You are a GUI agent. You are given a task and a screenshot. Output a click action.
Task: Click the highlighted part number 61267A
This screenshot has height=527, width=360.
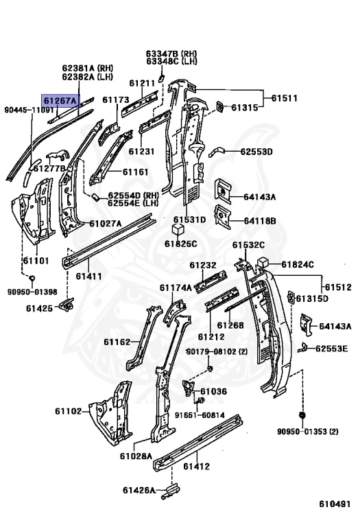coord(60,100)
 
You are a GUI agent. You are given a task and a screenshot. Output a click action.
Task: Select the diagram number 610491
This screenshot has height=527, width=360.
coord(335,504)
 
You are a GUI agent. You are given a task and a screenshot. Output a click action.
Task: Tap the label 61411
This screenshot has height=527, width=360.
coord(88,276)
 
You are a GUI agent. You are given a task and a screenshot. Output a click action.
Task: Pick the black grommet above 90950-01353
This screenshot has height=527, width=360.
coord(302,415)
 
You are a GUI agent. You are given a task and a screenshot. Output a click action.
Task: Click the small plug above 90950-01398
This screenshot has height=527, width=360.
coord(32,279)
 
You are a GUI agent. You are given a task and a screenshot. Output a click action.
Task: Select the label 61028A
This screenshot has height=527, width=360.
coord(136,456)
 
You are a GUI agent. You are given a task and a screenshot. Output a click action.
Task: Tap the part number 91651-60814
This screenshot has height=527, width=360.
coord(200,415)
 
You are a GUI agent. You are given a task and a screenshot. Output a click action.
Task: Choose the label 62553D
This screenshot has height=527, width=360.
coord(256,152)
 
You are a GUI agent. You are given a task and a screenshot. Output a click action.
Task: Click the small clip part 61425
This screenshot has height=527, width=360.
coord(67,304)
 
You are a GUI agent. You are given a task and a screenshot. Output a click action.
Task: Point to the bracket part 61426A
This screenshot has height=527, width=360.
coord(171,491)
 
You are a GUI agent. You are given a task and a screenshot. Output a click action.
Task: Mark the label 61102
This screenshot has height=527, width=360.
coord(68,411)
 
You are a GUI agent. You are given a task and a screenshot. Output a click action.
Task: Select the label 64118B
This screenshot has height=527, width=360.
coord(260,221)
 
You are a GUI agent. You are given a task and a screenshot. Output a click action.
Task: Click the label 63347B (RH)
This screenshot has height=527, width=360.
coord(171,54)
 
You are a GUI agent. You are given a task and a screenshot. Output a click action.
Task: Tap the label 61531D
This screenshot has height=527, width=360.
coord(189,220)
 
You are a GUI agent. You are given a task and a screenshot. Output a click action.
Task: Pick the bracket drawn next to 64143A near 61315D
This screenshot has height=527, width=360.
coord(307,325)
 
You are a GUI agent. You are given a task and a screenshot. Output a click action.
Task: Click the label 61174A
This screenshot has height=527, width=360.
coord(176,288)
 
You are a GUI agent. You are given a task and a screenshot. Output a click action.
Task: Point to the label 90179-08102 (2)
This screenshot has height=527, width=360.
coord(217,351)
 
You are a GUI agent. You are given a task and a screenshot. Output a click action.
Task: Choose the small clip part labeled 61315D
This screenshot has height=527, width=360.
coord(291,297)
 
